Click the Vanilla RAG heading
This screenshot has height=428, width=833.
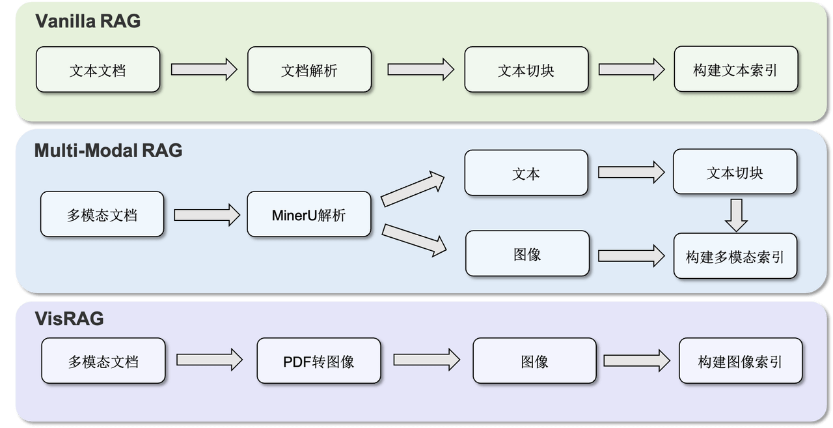[x=87, y=21]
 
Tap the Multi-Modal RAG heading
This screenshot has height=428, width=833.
[x=108, y=151]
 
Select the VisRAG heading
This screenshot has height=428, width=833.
[x=69, y=319]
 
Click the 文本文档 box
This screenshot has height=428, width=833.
[x=98, y=70]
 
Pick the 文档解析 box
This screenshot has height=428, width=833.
[x=309, y=70]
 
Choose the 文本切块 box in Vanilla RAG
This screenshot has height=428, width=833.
[x=526, y=70]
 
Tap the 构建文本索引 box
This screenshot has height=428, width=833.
[x=735, y=70]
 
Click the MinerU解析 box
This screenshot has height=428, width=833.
[x=308, y=214]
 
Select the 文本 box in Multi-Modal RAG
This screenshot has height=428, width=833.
[x=526, y=173]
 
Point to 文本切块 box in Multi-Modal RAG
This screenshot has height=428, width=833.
[x=735, y=172]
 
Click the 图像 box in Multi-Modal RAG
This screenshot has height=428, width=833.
[x=527, y=253]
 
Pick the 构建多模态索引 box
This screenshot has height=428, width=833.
[x=735, y=255]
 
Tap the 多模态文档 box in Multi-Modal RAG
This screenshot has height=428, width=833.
[x=102, y=214]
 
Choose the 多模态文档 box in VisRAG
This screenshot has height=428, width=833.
[x=103, y=361]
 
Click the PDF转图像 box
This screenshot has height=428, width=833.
[x=318, y=361]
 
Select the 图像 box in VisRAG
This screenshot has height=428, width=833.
[x=534, y=361]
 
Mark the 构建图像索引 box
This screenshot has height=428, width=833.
[x=741, y=361]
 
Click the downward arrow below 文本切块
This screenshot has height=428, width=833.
[x=736, y=215]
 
